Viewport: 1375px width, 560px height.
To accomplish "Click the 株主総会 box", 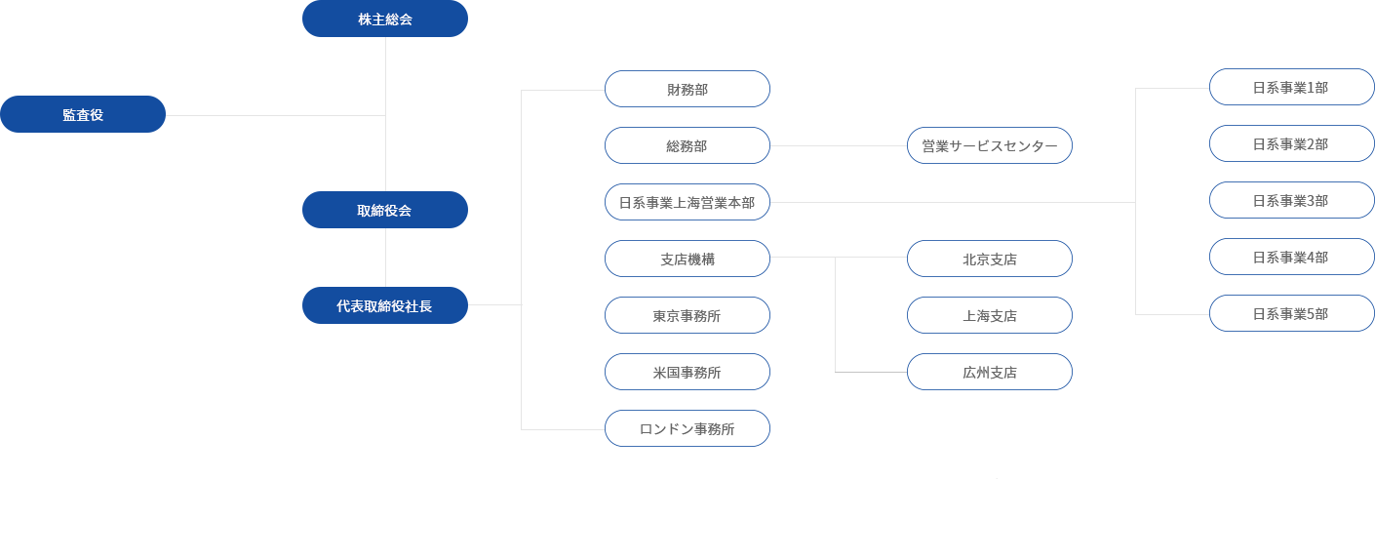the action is [x=385, y=19].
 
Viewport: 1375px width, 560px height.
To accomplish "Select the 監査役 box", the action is [x=83, y=114].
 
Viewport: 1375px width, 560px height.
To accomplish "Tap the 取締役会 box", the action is [x=385, y=210].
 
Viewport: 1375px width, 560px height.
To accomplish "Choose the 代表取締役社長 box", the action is [x=385, y=305].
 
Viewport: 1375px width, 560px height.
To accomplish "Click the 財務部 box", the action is [x=687, y=89].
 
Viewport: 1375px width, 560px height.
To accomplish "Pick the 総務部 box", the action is [x=687, y=145].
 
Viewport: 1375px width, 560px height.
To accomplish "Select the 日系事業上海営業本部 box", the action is [x=687, y=202].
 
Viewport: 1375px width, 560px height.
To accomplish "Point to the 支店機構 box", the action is [x=687, y=259].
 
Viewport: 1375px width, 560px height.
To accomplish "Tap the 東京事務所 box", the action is [x=687, y=316].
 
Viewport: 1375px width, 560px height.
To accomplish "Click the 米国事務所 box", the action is [x=687, y=372].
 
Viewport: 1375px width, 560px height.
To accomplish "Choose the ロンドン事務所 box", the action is [x=687, y=428].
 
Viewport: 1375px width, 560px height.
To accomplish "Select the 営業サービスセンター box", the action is [x=990, y=145].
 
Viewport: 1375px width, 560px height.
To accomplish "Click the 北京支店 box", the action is [x=990, y=259].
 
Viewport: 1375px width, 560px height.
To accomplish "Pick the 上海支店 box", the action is [x=990, y=316].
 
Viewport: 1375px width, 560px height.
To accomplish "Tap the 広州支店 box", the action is [x=990, y=372].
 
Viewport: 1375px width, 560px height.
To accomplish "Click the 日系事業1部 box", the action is [x=1291, y=87].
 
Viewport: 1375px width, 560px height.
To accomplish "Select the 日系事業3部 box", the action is [x=1291, y=200].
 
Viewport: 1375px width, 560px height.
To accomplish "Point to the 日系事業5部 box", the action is [x=1291, y=314].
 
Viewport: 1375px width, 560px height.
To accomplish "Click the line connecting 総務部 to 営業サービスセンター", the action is [x=839, y=146].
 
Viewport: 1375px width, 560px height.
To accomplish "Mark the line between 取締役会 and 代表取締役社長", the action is [x=385, y=258].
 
